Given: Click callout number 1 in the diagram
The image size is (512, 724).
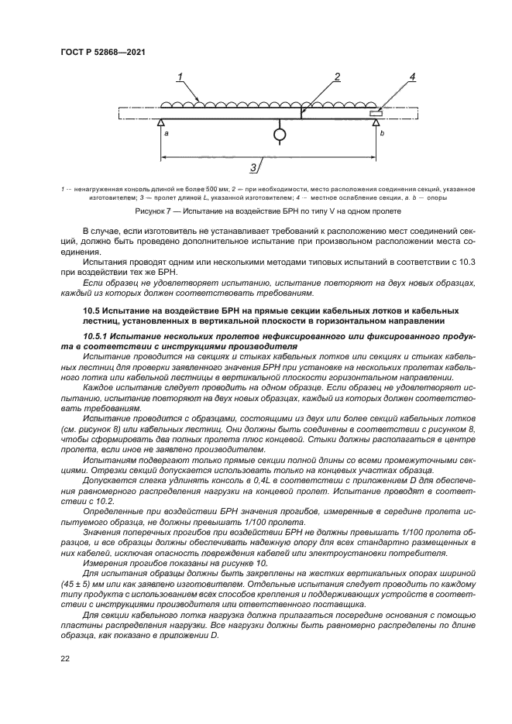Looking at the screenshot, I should pos(179,77).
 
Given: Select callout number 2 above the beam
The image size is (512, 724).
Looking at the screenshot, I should pos(338,76).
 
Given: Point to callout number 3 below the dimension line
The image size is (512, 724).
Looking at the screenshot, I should pos(253,167).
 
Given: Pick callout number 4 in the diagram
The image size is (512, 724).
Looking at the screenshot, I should pos(412,77).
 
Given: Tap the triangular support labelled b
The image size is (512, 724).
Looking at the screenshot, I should pos(376,122).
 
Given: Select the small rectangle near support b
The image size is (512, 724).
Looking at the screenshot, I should pos(376,113).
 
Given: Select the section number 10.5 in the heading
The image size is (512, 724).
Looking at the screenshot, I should pos(92,310).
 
